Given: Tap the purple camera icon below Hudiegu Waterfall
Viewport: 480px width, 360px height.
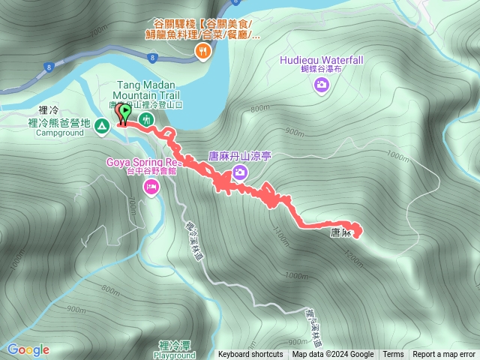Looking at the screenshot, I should click(321, 84).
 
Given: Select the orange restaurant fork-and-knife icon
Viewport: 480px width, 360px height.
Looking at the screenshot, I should click(202, 51).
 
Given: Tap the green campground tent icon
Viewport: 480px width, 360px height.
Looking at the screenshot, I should click(100, 128).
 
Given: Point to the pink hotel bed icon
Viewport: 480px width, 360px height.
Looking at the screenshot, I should click(151, 186).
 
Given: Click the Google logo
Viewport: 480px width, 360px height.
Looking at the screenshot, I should click(28, 349).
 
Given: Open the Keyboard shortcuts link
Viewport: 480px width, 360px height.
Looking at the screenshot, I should click(250, 355).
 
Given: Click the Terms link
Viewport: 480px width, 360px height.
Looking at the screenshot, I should click(393, 355).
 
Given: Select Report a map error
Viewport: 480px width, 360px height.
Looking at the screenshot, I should click(444, 355).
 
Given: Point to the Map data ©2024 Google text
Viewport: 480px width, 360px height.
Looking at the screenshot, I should click(333, 355).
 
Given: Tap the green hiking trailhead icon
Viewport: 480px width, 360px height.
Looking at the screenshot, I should click(148, 119).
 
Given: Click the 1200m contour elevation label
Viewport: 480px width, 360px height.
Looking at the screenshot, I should click(351, 255).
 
